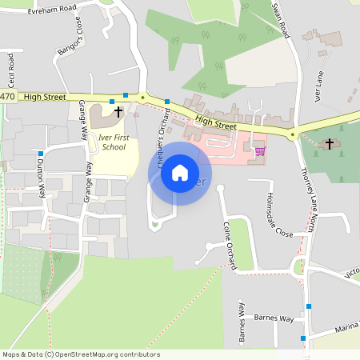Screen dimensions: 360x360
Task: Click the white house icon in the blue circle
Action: point(180,173)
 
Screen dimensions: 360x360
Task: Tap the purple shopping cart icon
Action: point(259,150)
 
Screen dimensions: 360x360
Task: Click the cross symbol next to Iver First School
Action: point(118,112)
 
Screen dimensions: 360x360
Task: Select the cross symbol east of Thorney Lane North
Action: point(329,143)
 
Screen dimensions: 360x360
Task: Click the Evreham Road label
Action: point(51,10)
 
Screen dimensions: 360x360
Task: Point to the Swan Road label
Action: point(279,19)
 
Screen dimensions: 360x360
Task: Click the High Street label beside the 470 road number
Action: point(45,96)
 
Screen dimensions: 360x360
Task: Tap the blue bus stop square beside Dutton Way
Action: point(40,153)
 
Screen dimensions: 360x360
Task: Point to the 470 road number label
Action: point(7,96)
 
